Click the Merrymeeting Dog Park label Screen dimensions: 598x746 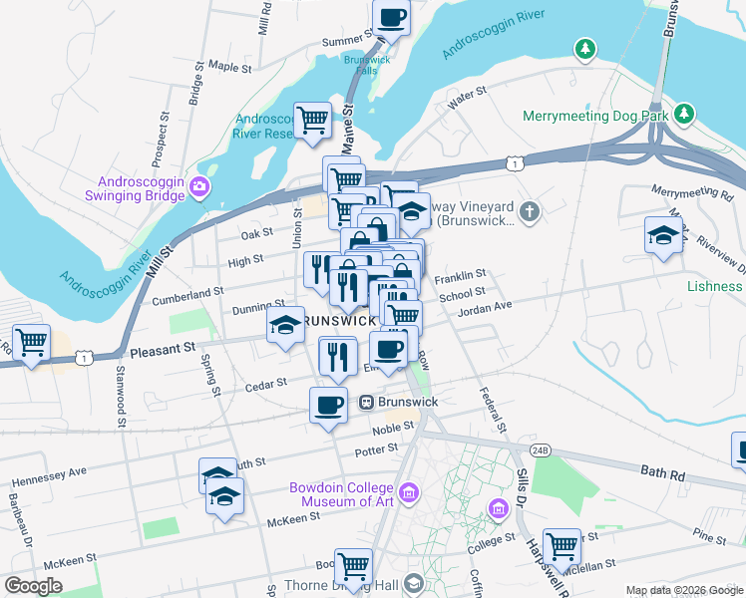tap(595, 116)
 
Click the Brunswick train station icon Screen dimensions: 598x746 tap(366, 402)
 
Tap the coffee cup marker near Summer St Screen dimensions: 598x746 tap(392, 17)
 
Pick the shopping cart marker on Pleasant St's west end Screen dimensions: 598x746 tap(31, 343)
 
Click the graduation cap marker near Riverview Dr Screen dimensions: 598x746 tap(663, 236)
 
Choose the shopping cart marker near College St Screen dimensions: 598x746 tap(561, 546)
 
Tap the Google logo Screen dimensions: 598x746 tap(34, 586)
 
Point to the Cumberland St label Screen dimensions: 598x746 tap(187, 294)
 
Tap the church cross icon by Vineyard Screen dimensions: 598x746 tap(530, 210)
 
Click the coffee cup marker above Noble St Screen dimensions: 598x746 tap(328, 405)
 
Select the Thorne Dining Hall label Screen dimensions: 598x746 tap(353, 585)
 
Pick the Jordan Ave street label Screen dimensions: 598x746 tap(484, 310)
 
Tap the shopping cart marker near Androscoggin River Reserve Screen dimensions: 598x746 tap(313, 121)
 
